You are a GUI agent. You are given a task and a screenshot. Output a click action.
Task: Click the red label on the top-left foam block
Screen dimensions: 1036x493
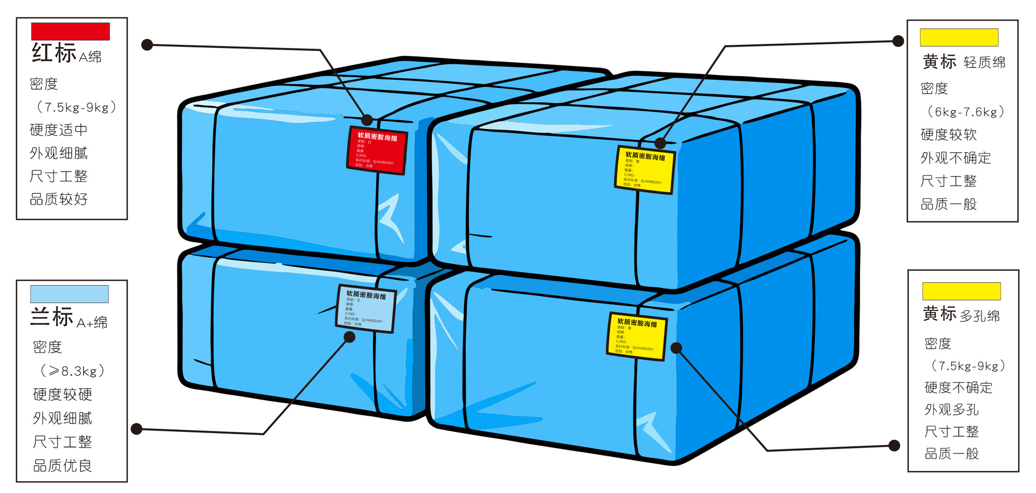[377, 151]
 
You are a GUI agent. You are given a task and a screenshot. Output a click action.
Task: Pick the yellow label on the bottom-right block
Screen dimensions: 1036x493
[637, 336]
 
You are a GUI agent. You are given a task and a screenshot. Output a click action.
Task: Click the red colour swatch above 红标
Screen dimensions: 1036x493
[70, 31]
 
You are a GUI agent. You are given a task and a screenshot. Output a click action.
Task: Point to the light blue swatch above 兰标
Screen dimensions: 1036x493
[70, 294]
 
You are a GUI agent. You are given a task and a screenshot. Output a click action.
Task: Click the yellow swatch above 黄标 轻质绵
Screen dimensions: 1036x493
[959, 37]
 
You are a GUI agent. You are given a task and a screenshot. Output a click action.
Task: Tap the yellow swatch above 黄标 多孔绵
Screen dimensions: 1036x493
[961, 291]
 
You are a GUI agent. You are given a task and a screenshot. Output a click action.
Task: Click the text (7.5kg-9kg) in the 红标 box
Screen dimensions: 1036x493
[76, 107]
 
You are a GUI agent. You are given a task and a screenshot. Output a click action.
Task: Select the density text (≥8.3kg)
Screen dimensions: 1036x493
[72, 371]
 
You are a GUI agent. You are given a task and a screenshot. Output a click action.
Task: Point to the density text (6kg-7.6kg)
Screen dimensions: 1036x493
[965, 112]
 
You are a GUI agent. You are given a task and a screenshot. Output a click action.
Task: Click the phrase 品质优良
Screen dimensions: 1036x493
[63, 465]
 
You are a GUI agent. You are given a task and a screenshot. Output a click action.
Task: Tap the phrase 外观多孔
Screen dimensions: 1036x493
[951, 409]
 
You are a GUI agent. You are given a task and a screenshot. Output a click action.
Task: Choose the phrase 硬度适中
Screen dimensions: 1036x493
[58, 130]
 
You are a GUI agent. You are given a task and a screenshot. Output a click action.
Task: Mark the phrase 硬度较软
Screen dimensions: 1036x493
[948, 134]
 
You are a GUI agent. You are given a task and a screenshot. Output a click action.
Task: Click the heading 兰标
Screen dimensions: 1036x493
[52, 317]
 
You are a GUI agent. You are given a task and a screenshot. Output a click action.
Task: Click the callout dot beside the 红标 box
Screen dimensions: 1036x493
[147, 45]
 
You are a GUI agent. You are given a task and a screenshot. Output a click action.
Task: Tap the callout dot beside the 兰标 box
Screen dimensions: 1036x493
[137, 429]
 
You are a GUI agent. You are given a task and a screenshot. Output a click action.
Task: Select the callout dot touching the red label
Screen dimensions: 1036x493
[367, 120]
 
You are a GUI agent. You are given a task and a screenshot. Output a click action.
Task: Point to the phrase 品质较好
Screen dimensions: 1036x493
[58, 199]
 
